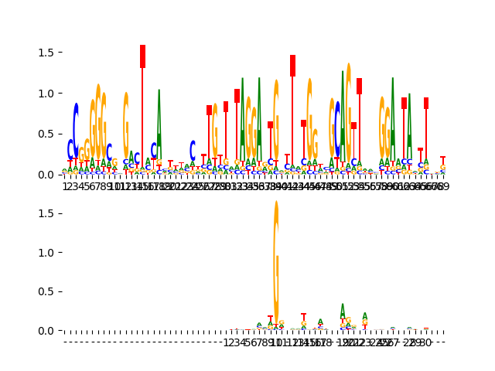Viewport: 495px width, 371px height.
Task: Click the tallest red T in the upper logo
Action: [x=142, y=56]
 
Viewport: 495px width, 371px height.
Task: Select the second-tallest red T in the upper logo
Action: [x=292, y=66]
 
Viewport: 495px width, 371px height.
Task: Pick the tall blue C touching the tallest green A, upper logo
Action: [x=337, y=128]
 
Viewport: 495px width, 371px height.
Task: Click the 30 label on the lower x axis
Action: [x=425, y=342]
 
